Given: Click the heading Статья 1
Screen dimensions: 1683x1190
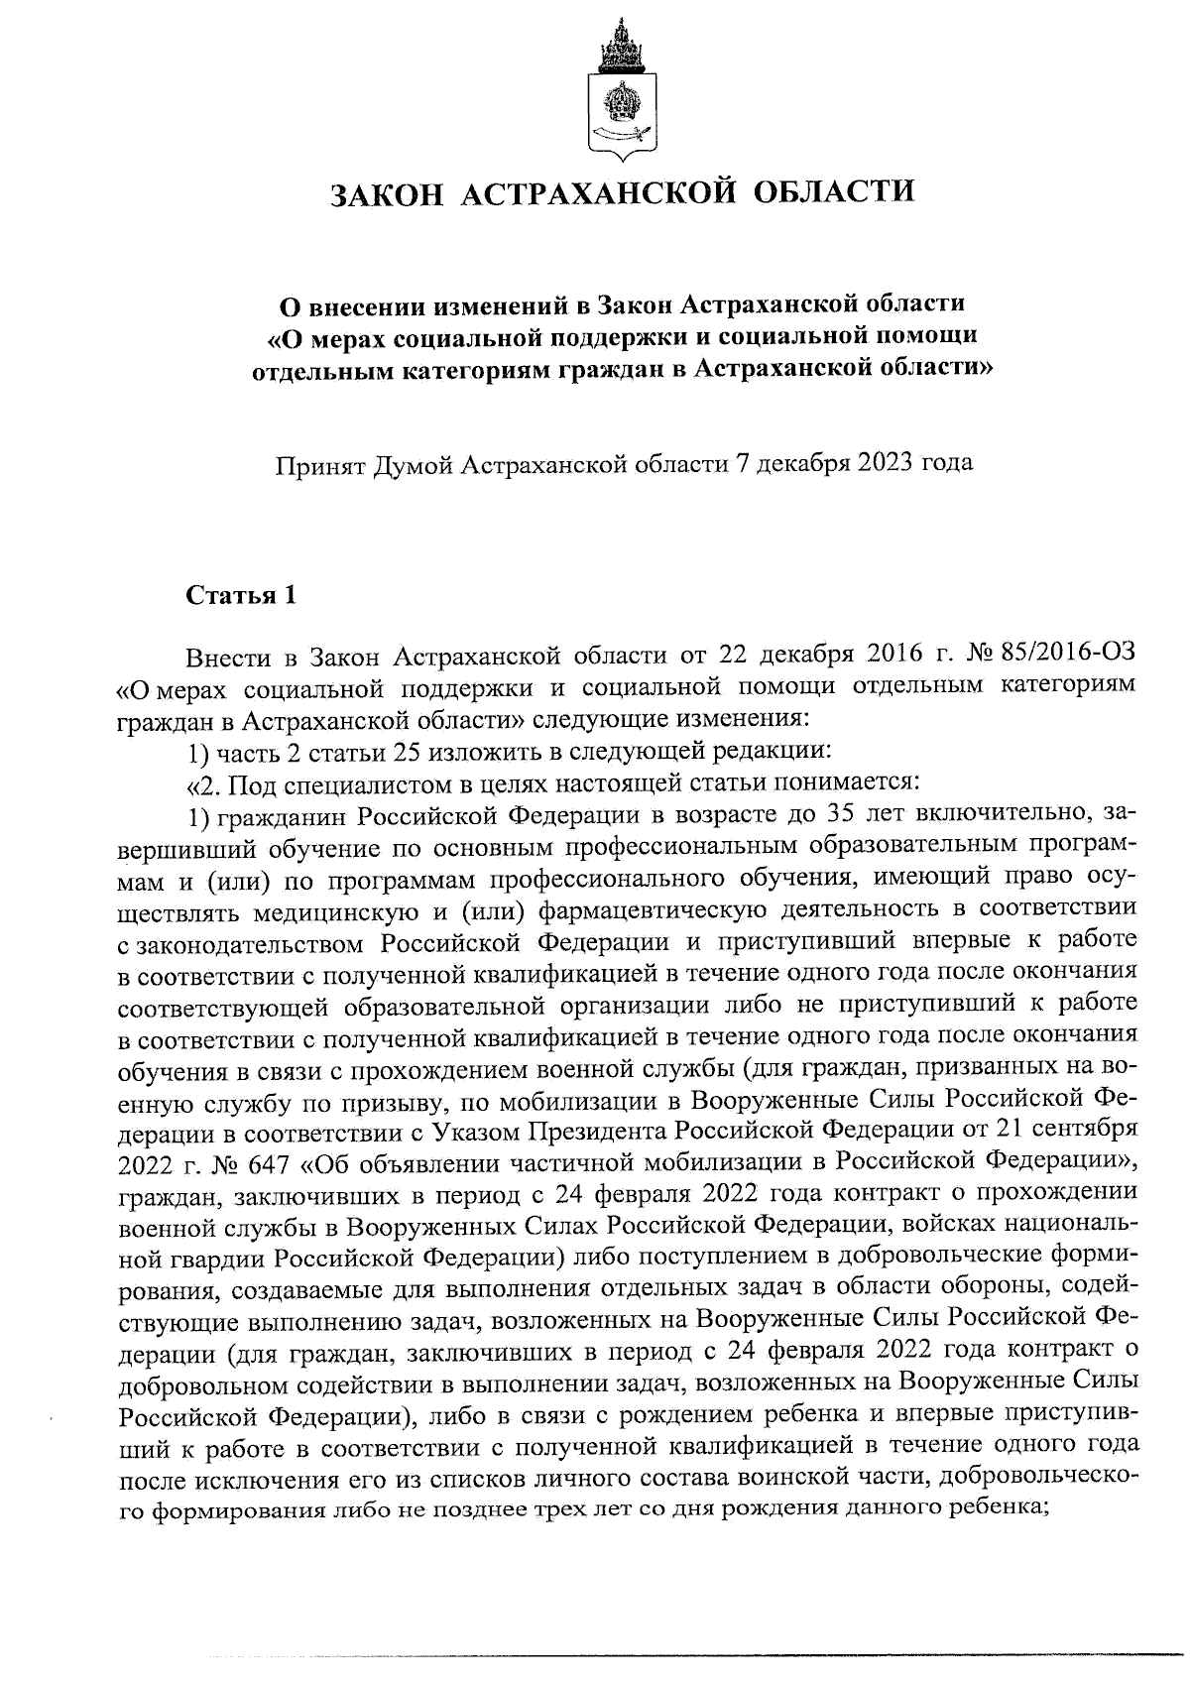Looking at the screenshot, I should pos(241,595).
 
